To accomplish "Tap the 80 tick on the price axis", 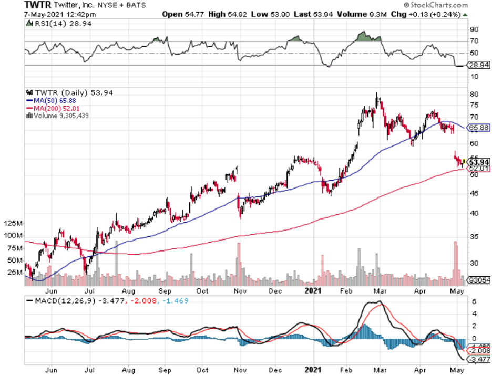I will tap(474, 94).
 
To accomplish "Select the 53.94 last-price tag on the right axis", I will tap(479, 163).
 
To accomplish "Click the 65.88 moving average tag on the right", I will tap(479, 128).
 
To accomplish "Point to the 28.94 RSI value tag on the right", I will tap(479, 66).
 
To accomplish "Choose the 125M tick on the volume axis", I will tap(13, 224).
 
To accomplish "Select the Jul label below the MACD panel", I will tap(90, 369).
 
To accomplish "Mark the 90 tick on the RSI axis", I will tap(474, 29).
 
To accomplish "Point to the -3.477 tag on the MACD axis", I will tap(479, 359).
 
